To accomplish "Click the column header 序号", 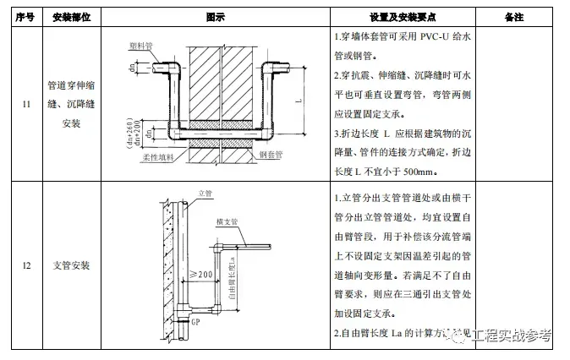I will (26, 17).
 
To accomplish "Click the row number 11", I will (26, 104).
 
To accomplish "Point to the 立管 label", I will (203, 194).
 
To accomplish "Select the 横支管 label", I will (227, 221).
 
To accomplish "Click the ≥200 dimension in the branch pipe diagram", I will (200, 274).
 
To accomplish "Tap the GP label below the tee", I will (195, 322).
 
